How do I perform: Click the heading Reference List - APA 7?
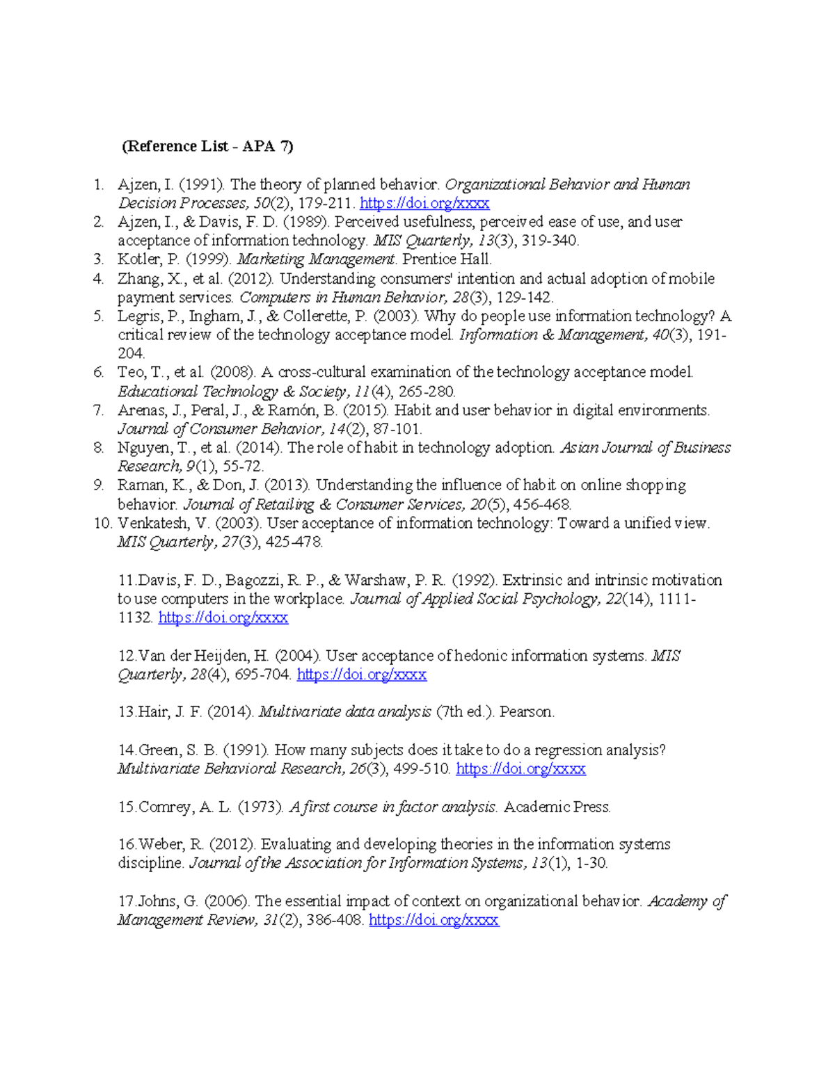pyautogui.click(x=207, y=146)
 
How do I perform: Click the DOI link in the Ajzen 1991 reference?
pyautogui.click(x=424, y=203)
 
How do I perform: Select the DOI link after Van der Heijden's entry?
pyautogui.click(x=361, y=675)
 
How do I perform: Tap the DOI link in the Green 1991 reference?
pyautogui.click(x=520, y=768)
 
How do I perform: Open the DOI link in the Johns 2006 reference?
pyautogui.click(x=434, y=920)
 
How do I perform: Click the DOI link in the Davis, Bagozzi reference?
pyautogui.click(x=223, y=618)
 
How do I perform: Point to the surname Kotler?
pyautogui.click(x=138, y=259)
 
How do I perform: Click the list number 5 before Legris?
pyautogui.click(x=99, y=316)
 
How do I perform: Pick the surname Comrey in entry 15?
pyautogui.click(x=166, y=807)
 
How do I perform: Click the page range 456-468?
pyautogui.click(x=546, y=504)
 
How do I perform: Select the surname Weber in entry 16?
pyautogui.click(x=160, y=844)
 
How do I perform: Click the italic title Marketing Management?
pyautogui.click(x=317, y=259)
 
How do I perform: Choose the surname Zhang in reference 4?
pyautogui.click(x=138, y=279)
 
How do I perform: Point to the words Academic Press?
pyautogui.click(x=557, y=807)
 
